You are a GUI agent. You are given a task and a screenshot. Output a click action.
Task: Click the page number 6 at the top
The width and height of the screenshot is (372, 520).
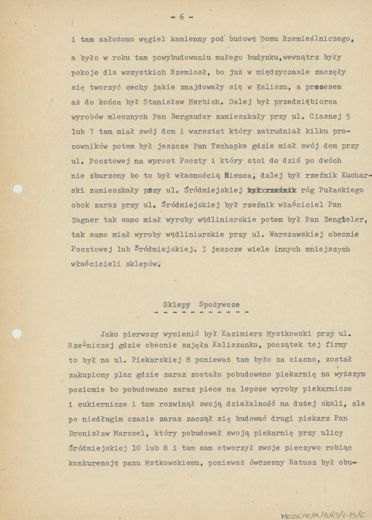click(x=182, y=17)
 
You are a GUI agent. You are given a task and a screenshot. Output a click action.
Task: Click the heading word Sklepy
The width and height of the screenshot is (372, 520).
click(x=176, y=305)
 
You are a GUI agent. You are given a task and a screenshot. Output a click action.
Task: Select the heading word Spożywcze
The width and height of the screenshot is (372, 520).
click(x=219, y=305)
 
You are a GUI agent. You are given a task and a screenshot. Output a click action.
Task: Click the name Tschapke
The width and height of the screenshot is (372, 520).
click(x=229, y=146)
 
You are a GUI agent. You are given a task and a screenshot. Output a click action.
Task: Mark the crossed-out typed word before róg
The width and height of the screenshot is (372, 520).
click(x=272, y=190)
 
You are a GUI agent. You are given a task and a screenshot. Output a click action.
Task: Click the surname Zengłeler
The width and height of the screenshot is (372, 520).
click(x=345, y=220)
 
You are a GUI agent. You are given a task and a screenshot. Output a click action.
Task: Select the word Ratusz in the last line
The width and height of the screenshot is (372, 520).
click(x=303, y=463)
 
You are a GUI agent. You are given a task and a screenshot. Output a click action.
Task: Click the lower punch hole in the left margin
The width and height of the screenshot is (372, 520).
click(x=16, y=334)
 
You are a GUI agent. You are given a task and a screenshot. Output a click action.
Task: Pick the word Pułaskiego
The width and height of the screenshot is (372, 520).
click(x=341, y=190)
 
